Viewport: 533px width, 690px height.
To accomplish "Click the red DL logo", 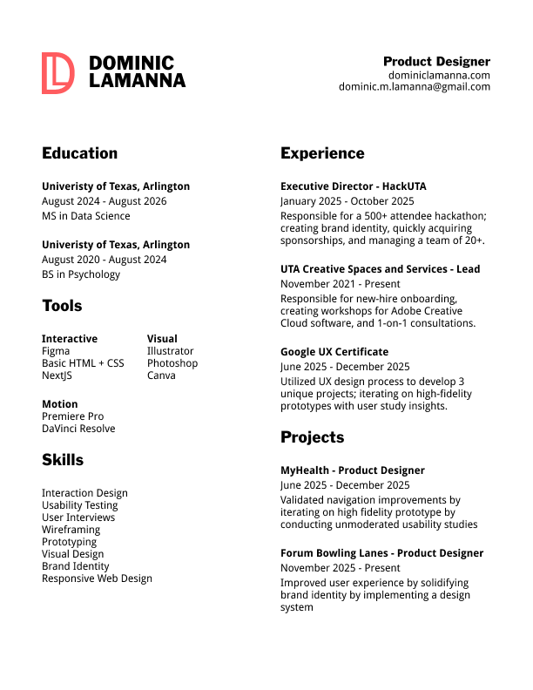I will [57, 72].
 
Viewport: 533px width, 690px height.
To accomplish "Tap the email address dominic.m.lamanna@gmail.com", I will [415, 87].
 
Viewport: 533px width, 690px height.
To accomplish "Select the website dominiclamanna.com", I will [439, 75].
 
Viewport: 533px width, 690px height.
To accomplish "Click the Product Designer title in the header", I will [436, 62].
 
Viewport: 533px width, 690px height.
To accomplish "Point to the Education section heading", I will [79, 153].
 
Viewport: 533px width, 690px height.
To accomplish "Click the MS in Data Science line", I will [85, 216].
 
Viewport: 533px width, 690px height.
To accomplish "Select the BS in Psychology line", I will [81, 274].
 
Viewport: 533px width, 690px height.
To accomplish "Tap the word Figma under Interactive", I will [56, 351].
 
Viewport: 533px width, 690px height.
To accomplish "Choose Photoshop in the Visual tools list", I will [172, 363].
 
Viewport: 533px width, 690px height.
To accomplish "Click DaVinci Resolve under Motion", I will [78, 429].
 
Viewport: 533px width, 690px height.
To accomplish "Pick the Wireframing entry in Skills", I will [71, 530].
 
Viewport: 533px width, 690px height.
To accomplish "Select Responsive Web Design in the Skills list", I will [97, 578].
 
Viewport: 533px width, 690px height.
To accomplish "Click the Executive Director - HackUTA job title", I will [353, 186].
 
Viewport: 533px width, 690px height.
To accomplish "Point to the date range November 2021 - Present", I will [340, 284].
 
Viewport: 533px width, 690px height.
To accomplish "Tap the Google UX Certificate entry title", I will [334, 352].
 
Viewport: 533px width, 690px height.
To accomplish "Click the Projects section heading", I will [312, 437].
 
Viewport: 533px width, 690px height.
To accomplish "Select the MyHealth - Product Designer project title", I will [352, 470].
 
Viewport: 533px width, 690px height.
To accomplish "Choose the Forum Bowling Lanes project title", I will [381, 553].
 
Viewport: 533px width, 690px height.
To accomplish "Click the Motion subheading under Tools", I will [59, 404].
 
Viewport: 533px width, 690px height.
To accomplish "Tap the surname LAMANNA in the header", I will [137, 81].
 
